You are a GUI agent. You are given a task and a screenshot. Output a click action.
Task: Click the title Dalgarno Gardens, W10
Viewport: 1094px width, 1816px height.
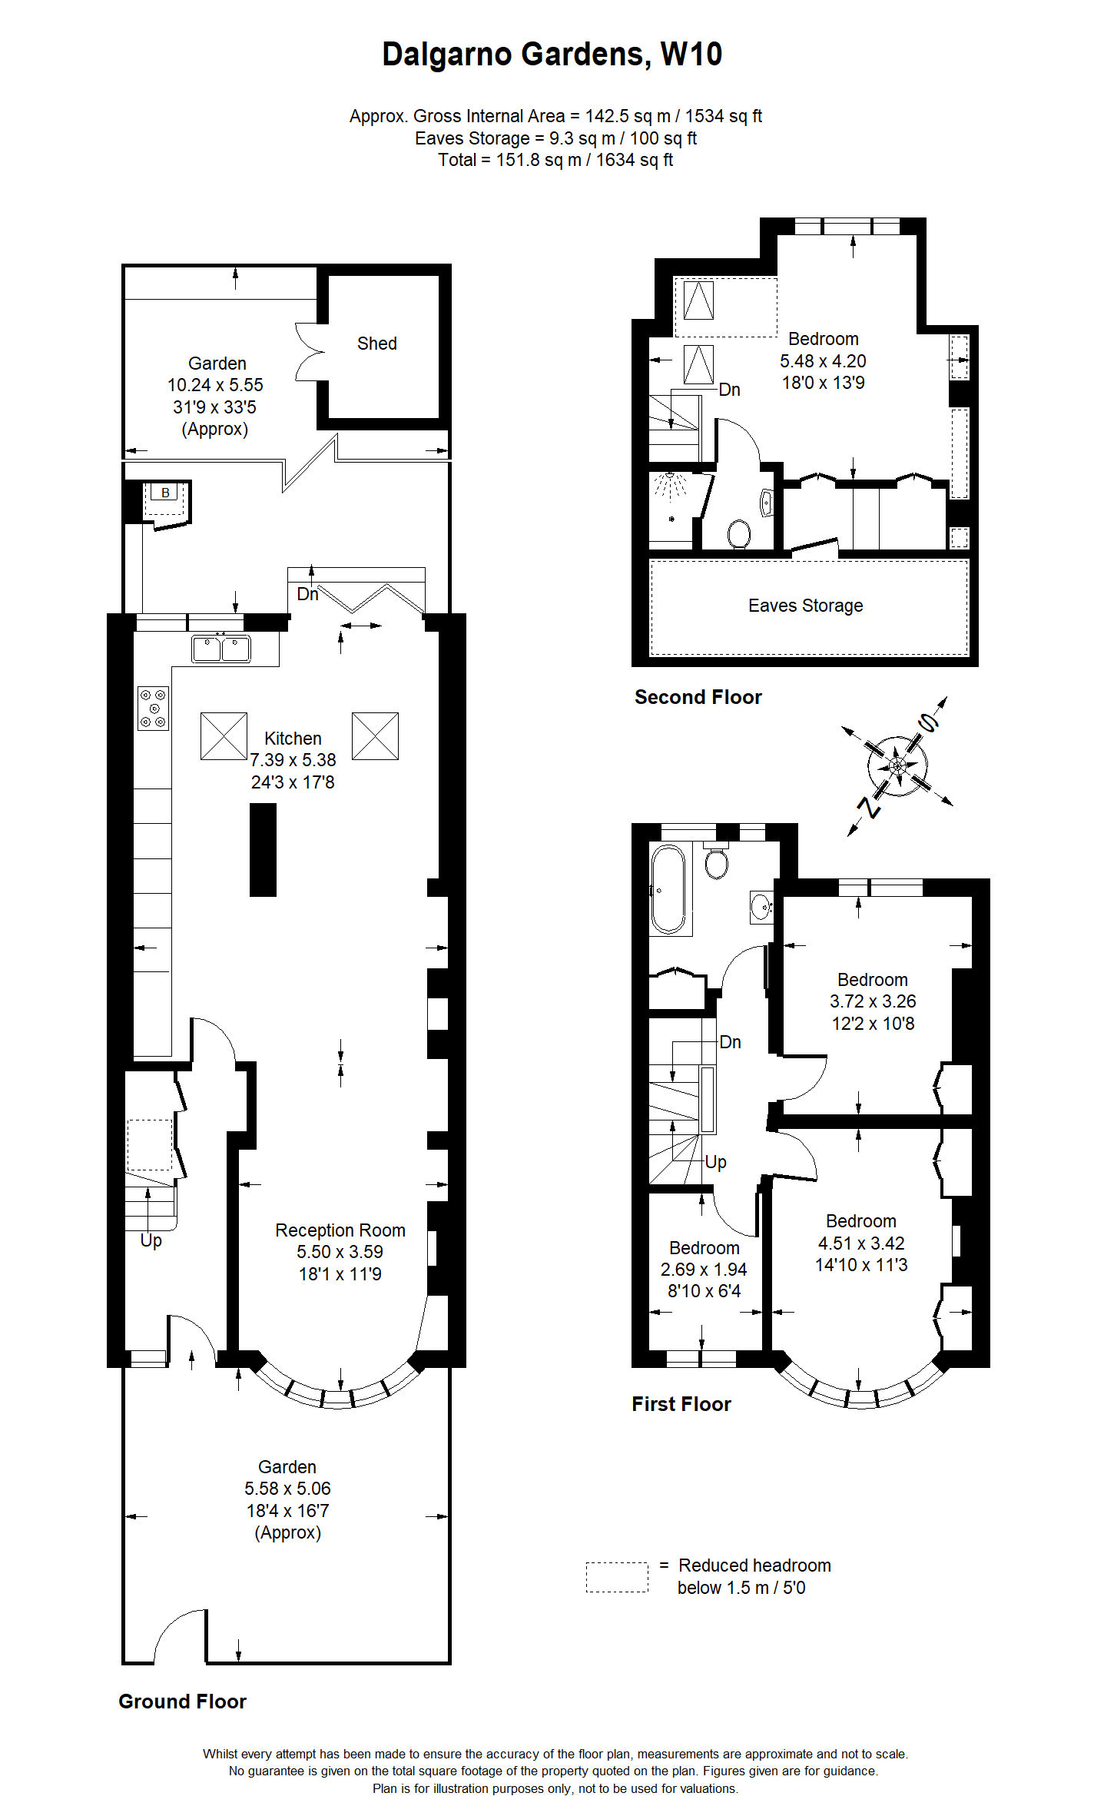tap(552, 55)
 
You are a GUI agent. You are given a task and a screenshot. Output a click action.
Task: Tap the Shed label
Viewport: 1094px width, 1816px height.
tap(376, 344)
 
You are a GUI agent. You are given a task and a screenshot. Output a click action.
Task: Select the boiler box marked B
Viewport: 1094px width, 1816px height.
tap(165, 493)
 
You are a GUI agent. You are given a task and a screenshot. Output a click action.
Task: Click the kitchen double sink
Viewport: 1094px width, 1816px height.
tap(220, 649)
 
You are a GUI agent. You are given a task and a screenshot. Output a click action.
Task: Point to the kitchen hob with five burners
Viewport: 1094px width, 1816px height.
tap(154, 708)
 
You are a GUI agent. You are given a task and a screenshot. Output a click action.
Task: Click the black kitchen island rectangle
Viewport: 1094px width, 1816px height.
tap(263, 849)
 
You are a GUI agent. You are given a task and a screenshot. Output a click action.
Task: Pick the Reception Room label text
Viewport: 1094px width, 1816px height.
tap(340, 1230)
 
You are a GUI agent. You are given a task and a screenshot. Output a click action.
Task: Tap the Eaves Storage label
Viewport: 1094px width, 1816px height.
tap(805, 606)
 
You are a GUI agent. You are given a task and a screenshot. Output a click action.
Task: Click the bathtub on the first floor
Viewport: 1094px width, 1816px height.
tap(668, 889)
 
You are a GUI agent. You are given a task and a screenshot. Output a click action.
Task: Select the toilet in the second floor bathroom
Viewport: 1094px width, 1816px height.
tap(738, 533)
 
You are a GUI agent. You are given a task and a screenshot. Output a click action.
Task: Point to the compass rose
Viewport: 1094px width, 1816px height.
tap(897, 766)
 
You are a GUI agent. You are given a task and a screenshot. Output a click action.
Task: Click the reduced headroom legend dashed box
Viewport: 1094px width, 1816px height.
tap(617, 1577)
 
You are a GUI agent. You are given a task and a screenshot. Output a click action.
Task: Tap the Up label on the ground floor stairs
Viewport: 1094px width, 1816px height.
tap(151, 1240)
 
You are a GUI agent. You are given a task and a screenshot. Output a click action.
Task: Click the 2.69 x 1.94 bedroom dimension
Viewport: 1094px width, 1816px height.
tap(703, 1270)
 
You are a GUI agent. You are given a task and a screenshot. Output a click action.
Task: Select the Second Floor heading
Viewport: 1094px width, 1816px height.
tap(698, 697)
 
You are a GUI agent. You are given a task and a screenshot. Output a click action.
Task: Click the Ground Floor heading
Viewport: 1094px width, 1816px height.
tap(182, 1701)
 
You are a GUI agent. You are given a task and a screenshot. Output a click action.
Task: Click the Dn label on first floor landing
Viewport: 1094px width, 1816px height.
tap(730, 1042)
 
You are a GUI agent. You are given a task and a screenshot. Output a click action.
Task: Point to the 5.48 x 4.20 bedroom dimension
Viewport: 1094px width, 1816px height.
tap(823, 361)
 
